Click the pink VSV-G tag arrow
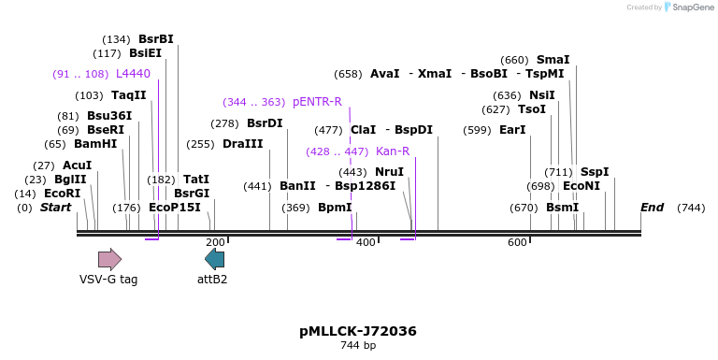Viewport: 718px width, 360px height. [x=109, y=259]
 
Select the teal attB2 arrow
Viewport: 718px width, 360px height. [x=214, y=259]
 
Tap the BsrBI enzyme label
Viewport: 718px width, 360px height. [x=155, y=39]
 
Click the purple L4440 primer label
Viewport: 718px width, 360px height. [x=133, y=73]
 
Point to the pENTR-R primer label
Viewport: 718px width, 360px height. [x=317, y=102]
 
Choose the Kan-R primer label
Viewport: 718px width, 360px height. [x=393, y=151]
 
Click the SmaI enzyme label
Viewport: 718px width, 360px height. [x=553, y=60]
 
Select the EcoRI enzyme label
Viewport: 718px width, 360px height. [x=62, y=194]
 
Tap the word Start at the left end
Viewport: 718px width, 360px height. [x=55, y=208]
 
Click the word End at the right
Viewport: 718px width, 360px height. [x=652, y=208]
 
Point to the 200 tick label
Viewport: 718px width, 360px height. [x=215, y=243]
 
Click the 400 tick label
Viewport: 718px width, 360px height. [x=366, y=243]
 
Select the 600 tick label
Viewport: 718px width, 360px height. [x=517, y=243]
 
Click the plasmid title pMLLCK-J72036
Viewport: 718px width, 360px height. [x=358, y=331]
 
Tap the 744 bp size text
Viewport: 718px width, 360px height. [x=358, y=346]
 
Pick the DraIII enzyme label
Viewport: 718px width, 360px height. [x=242, y=144]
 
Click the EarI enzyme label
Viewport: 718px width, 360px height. [x=512, y=130]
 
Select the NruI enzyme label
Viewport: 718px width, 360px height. [x=389, y=172]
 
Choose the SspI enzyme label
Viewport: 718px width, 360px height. [x=595, y=172]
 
